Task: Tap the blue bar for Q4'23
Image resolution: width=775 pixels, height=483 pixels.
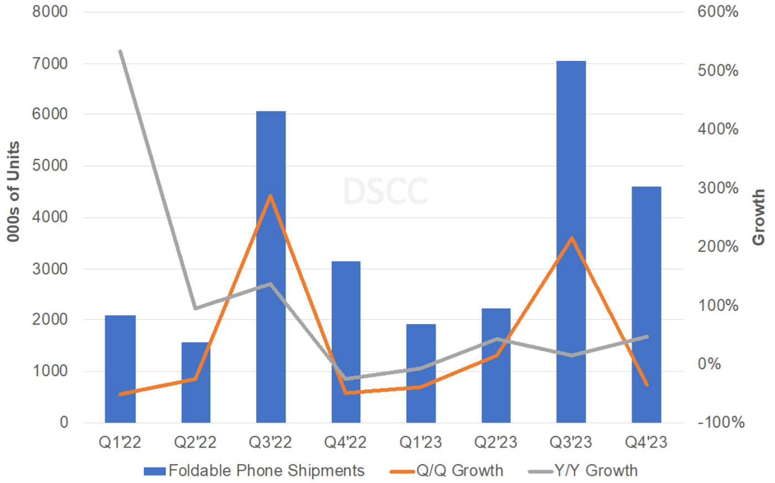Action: coord(646,305)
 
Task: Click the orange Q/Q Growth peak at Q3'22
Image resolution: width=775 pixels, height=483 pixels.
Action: coord(270,196)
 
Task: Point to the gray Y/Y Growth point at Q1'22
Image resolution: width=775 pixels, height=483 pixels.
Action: coord(120,52)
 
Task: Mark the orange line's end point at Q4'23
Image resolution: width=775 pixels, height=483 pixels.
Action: coord(646,384)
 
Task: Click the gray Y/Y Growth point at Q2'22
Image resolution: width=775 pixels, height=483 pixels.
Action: coord(195,308)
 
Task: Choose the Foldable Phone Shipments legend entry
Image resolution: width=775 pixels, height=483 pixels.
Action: coord(255,471)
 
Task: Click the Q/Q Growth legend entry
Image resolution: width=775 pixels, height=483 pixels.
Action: coord(447,471)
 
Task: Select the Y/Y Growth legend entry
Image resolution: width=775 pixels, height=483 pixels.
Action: coord(583,471)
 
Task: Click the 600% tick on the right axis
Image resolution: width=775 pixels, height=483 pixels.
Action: coord(717,12)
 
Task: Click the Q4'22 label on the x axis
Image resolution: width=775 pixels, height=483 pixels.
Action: coord(345,442)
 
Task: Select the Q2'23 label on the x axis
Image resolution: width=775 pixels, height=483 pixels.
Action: coord(495,442)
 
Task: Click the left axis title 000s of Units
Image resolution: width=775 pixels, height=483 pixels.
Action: coord(14,192)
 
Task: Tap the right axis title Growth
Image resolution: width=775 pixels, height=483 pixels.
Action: coord(759,217)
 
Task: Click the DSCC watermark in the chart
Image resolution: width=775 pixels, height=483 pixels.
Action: coord(385,192)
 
